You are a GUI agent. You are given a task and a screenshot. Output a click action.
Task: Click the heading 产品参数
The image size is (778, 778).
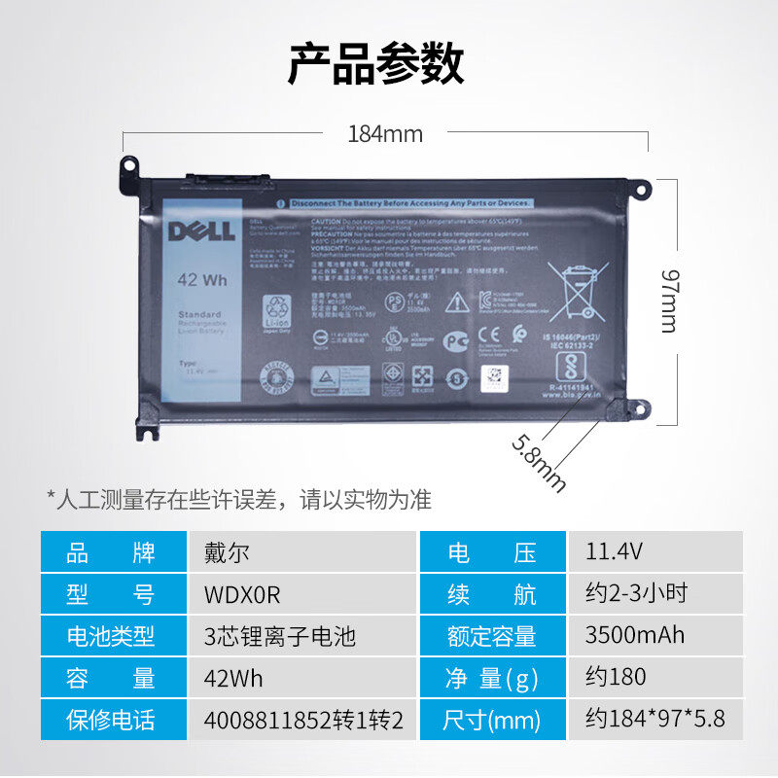point(375,64)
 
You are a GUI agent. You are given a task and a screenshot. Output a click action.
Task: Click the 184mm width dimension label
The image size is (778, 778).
point(385,134)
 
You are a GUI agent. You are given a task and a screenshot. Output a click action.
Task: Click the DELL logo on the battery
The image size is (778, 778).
point(200,230)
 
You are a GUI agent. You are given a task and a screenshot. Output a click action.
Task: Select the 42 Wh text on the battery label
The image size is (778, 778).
point(201,279)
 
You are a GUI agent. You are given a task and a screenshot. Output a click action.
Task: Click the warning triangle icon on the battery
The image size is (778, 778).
point(456,302)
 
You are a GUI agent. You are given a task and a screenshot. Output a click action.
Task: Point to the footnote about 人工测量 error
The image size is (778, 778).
point(239,500)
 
